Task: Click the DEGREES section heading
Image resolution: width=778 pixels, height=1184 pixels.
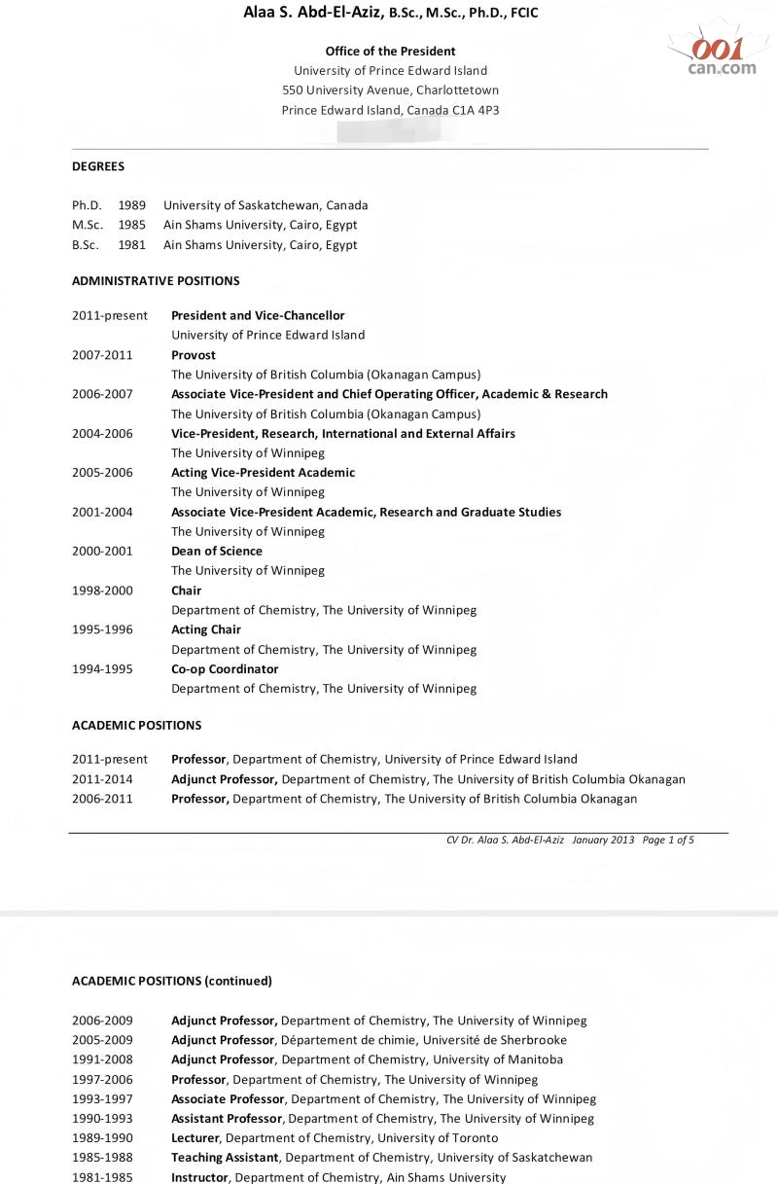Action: click(98, 166)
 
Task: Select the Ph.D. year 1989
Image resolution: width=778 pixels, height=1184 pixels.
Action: click(132, 205)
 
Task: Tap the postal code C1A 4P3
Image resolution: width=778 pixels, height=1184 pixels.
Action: click(476, 111)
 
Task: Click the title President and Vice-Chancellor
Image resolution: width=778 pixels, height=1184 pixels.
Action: click(258, 315)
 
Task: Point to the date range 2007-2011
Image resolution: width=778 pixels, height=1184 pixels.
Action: click(102, 355)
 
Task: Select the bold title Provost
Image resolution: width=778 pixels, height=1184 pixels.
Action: click(194, 355)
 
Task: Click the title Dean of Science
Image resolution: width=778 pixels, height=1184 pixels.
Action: click(217, 551)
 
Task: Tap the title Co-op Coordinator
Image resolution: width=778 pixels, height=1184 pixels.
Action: click(225, 668)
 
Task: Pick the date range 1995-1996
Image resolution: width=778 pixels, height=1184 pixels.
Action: click(102, 629)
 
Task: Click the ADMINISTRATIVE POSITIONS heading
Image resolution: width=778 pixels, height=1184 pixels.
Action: click(156, 281)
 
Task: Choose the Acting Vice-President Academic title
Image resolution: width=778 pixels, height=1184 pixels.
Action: click(263, 472)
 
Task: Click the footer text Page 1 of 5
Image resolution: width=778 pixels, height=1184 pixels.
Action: click(668, 840)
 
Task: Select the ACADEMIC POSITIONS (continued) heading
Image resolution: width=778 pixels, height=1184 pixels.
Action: click(172, 981)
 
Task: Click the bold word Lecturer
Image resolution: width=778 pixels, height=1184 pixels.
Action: click(195, 1137)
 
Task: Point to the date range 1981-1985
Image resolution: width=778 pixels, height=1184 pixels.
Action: click(102, 1177)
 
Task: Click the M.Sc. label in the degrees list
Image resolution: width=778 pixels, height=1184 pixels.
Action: click(88, 225)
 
